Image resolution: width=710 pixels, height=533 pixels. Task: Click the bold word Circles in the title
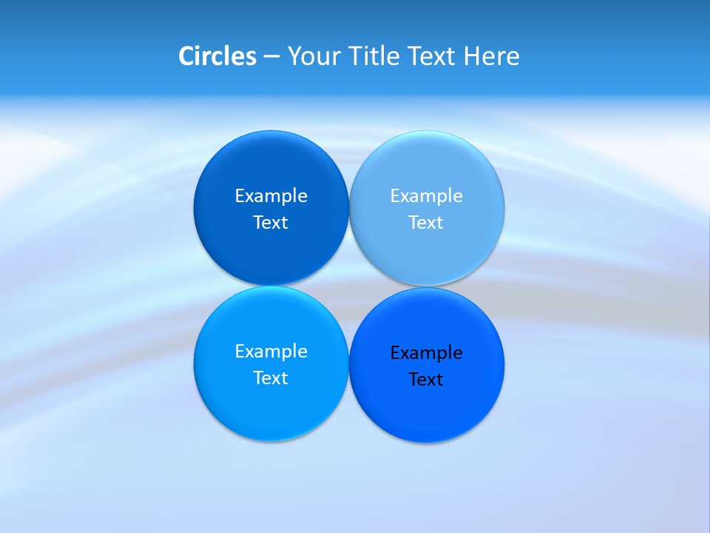[217, 56]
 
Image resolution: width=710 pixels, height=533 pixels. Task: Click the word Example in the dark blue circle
[271, 196]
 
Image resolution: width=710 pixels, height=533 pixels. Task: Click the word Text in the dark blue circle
[271, 223]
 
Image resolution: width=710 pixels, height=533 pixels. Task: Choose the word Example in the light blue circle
[426, 196]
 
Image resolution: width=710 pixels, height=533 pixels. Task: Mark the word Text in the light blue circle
[426, 223]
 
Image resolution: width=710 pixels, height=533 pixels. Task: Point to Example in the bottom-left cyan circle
[271, 352]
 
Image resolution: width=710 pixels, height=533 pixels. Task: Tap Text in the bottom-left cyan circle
[271, 378]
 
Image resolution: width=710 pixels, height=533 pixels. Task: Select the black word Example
[426, 353]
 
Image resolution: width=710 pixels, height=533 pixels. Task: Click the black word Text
[426, 380]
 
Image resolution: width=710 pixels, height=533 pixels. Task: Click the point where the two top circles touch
[349, 208]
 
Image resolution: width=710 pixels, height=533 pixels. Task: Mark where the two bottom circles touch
[348, 364]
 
